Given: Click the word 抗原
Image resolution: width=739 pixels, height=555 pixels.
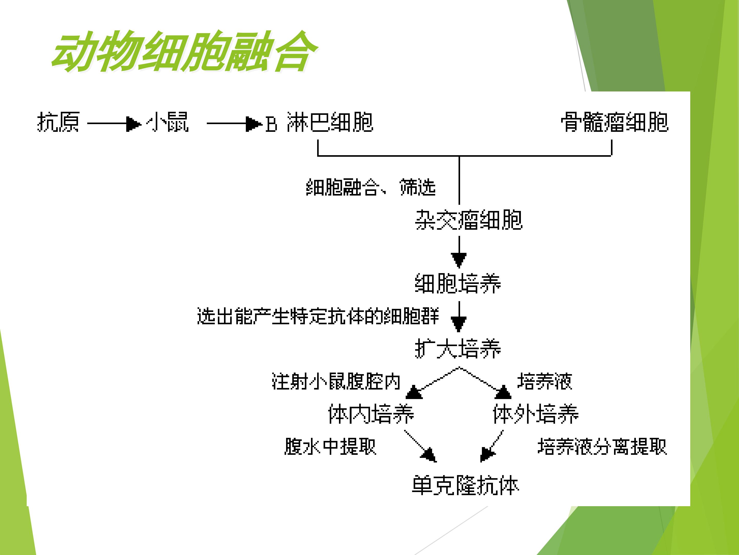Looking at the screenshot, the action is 58,122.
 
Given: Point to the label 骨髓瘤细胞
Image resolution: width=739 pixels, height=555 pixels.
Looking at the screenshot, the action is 615,122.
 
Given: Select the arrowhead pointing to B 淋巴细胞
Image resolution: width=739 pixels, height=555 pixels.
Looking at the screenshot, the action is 254,124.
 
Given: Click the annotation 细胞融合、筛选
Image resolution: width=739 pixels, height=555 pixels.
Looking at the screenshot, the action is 371,187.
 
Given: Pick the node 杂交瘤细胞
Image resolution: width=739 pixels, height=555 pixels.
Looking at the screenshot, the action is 468,220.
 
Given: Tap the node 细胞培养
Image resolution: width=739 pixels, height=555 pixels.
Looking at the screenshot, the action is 458,284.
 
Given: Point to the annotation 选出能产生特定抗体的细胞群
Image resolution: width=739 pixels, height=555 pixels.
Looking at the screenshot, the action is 318,316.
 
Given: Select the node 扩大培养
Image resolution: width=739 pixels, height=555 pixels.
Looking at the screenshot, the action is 458,349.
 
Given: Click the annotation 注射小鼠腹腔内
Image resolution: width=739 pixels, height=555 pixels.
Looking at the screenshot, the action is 336,381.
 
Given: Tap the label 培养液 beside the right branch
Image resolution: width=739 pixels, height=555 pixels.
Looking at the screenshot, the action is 544,381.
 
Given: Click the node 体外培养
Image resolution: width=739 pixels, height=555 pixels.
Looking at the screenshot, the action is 536,414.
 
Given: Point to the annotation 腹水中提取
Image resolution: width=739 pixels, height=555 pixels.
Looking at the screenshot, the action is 330,446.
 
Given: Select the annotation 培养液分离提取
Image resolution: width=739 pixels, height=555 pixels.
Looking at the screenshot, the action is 602,446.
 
